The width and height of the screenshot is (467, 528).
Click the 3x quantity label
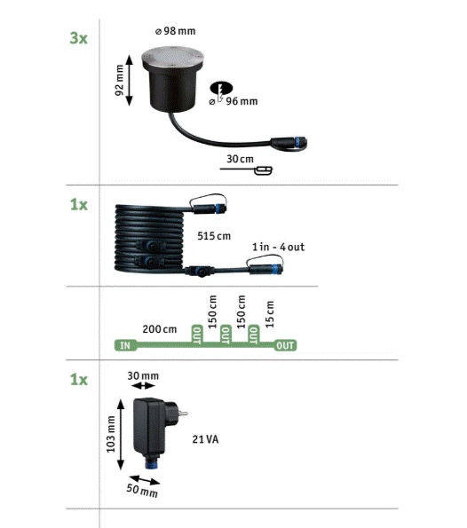coord(78,38)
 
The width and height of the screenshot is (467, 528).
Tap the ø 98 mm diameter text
coord(175,31)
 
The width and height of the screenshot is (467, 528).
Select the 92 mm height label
coord(119,80)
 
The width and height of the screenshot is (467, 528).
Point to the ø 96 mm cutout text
coord(233,101)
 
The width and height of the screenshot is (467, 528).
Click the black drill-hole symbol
coord(221,88)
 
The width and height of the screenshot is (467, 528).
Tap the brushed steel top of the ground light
coord(172,57)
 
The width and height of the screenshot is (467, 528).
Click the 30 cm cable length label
coord(240,159)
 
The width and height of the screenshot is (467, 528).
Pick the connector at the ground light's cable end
coord(289,143)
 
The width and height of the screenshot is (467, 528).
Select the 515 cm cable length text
coord(214,236)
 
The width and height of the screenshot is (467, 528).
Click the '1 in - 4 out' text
coord(278,248)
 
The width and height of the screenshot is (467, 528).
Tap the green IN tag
coord(125,345)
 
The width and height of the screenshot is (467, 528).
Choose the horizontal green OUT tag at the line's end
coord(285,345)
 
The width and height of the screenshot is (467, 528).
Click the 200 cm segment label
coord(160,329)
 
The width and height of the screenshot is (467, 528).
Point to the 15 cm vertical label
coord(270,314)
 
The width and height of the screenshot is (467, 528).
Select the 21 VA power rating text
coord(206,439)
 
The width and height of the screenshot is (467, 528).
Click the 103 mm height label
coord(111,434)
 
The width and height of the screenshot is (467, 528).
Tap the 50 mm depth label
coord(142,490)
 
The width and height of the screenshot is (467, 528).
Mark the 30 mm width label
coord(143,375)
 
